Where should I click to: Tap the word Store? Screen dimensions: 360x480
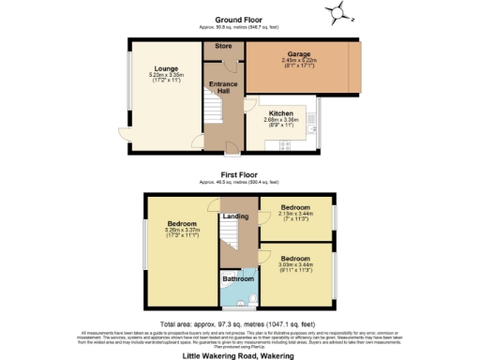click(x=223, y=45)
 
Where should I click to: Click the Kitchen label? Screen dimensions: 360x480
click(x=281, y=112)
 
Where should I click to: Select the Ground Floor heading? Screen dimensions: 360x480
click(x=240, y=19)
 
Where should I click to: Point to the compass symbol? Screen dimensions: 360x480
click(x=335, y=12)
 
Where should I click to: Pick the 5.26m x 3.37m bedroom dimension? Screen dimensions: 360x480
click(x=183, y=230)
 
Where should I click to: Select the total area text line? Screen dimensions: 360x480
click(x=240, y=320)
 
